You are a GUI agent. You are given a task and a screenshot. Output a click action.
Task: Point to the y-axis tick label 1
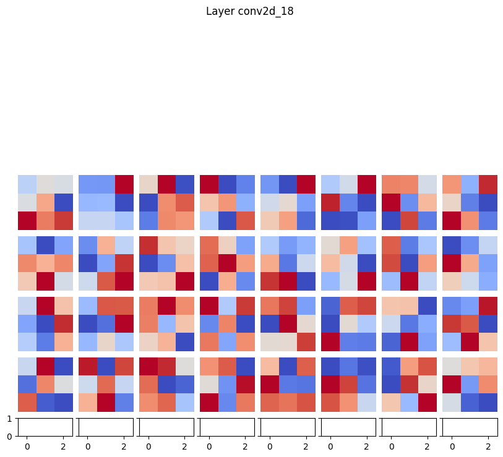pyautogui.click(x=9, y=419)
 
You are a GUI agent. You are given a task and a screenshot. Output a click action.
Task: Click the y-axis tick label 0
pyautogui.click(x=9, y=437)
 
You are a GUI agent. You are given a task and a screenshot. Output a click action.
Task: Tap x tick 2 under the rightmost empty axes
pyautogui.click(x=488, y=446)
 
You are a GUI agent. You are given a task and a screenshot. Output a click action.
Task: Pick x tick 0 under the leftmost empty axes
pyautogui.click(x=27, y=446)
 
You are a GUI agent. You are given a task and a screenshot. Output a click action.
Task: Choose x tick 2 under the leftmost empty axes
pyautogui.click(x=63, y=446)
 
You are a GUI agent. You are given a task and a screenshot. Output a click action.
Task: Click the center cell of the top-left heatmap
pyautogui.click(x=45, y=202)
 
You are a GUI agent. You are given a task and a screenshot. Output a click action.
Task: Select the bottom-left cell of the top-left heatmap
pyautogui.click(x=27, y=221)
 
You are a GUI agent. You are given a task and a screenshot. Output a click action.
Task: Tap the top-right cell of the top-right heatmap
pyautogui.click(x=488, y=184)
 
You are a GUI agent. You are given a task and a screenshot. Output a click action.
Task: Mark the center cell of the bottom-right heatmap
pyautogui.click(x=470, y=385)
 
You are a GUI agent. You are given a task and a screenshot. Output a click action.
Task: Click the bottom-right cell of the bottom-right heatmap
pyautogui.click(x=488, y=403)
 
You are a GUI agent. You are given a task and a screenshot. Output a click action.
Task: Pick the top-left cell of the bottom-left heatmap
pyautogui.click(x=27, y=366)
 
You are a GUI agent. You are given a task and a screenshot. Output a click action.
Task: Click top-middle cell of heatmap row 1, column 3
pyautogui.click(x=166, y=184)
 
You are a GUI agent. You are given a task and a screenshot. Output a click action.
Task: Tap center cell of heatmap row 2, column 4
pyautogui.click(x=227, y=263)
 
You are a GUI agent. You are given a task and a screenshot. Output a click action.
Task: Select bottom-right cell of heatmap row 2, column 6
pyautogui.click(x=366, y=281)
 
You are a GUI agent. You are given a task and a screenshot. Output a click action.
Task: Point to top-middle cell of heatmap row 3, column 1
pyautogui.click(x=45, y=305)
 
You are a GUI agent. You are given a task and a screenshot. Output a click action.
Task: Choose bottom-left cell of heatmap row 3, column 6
pyautogui.click(x=330, y=342)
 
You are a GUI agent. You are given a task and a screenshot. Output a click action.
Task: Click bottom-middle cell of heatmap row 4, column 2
pyautogui.click(x=106, y=403)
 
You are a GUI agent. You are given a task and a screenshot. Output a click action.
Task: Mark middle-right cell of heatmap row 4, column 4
pyautogui.click(x=245, y=385)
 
